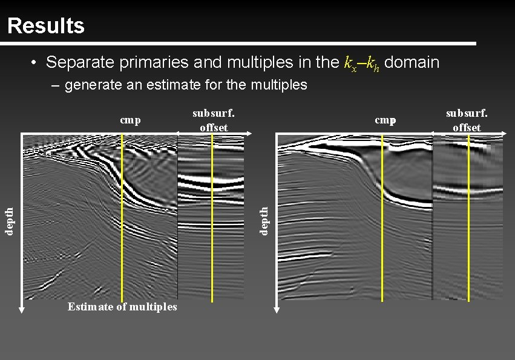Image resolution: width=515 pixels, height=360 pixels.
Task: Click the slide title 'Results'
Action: (46, 26)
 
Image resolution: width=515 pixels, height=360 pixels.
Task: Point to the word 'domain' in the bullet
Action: (412, 62)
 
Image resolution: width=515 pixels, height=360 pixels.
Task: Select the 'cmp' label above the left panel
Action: (130, 120)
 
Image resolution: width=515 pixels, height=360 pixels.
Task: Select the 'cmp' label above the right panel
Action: (385, 120)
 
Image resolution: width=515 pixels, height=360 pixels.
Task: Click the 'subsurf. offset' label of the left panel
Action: (214, 120)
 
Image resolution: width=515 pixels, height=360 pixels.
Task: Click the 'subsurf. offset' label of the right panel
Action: (467, 120)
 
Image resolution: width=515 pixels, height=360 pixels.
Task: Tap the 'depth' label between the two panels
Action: (264, 220)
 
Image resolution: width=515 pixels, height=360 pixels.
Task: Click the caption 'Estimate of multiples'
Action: (122, 307)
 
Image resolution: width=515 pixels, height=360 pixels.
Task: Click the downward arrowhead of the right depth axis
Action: (277, 309)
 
